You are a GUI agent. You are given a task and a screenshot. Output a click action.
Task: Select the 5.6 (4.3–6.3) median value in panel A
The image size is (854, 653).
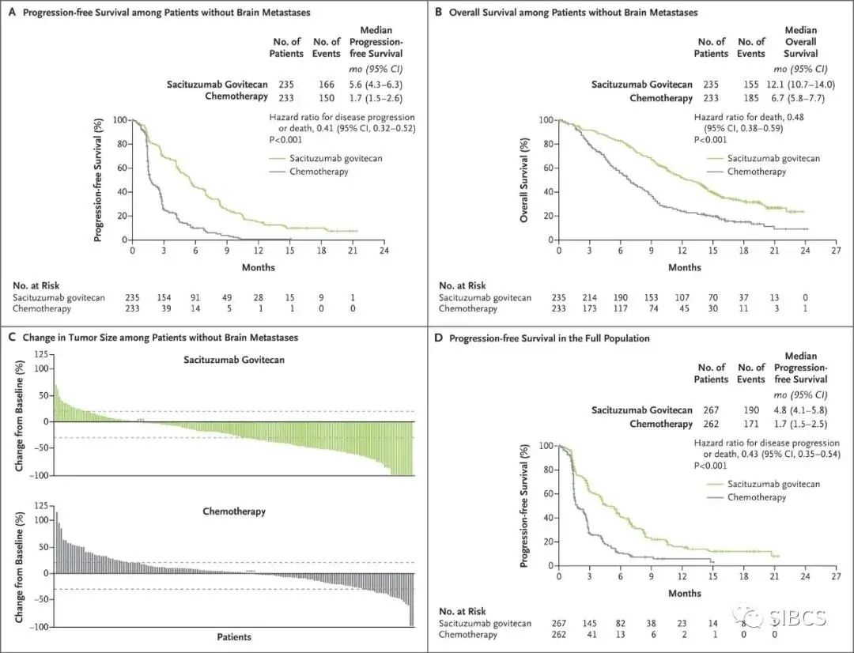click(x=385, y=85)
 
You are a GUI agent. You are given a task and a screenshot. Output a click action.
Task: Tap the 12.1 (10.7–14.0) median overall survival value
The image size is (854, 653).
click(x=811, y=85)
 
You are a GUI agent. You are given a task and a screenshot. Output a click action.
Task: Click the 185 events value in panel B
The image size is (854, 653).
click(x=750, y=97)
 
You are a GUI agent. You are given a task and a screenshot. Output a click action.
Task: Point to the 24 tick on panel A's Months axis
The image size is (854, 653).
click(x=384, y=251)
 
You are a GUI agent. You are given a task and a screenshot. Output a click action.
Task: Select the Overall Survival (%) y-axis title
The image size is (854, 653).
click(x=524, y=179)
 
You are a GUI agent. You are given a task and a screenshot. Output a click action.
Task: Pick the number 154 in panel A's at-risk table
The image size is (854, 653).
click(x=163, y=296)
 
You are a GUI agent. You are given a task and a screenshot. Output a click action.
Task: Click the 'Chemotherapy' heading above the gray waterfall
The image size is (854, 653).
click(x=233, y=511)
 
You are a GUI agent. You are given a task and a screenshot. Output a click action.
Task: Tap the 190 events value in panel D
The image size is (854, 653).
click(x=750, y=410)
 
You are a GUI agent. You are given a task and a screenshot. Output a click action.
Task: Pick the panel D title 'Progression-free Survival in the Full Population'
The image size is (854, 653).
click(x=549, y=339)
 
